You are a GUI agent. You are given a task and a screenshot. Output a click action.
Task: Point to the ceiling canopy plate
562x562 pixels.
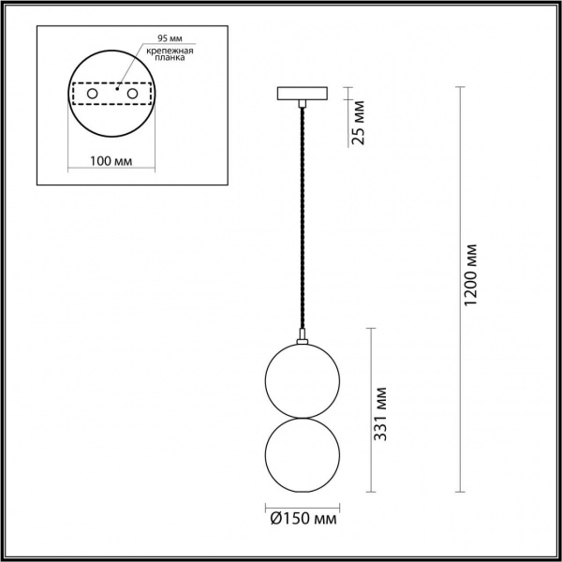point(301,94)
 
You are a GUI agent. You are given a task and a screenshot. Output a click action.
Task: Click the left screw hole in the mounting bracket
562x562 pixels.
point(92,95)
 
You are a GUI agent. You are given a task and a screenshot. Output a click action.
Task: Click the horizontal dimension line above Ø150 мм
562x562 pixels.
point(301,504)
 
